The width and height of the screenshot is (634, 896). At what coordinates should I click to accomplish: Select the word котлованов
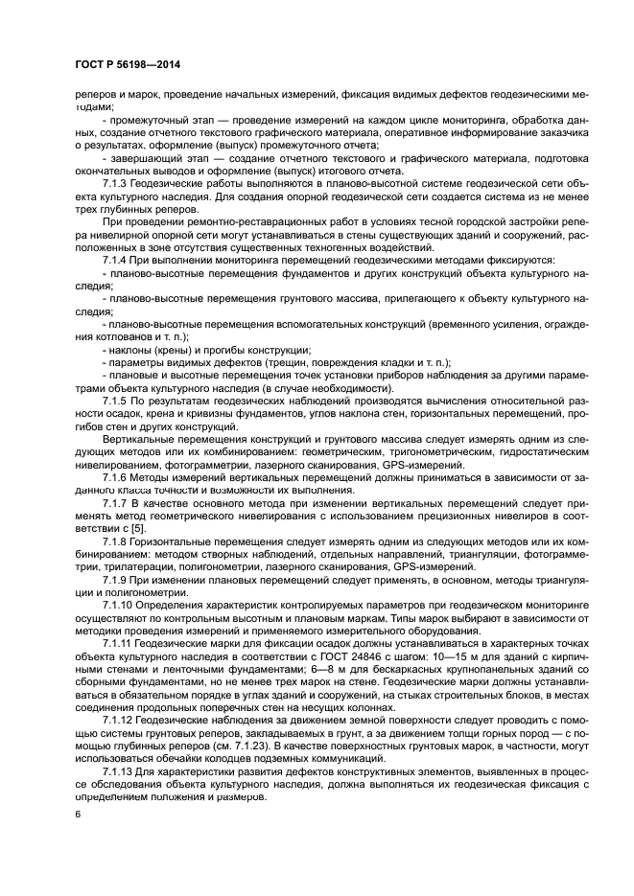tap(119, 337)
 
